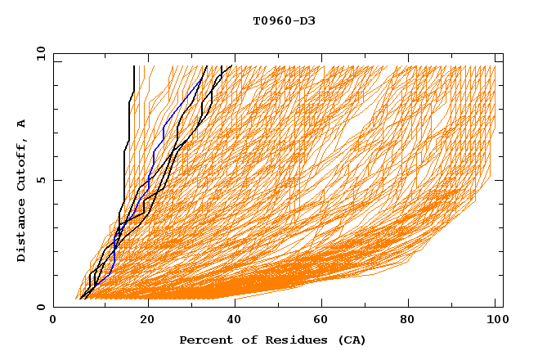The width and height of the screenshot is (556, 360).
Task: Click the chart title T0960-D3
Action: [x=284, y=20]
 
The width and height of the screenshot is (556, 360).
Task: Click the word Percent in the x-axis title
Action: [x=204, y=340]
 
